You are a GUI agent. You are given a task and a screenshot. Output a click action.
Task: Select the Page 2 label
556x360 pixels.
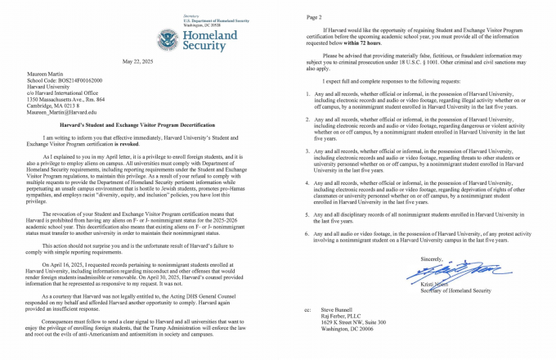(x=312, y=16)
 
